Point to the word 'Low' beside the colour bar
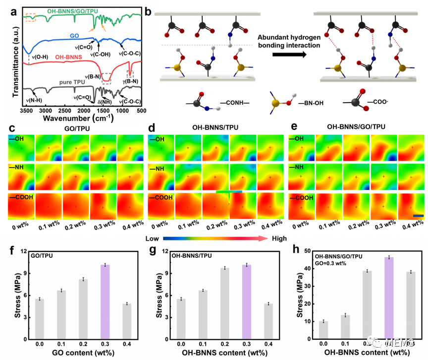[x=150, y=239]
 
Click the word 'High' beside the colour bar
[x=279, y=239]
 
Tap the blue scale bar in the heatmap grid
[x=418, y=216]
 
